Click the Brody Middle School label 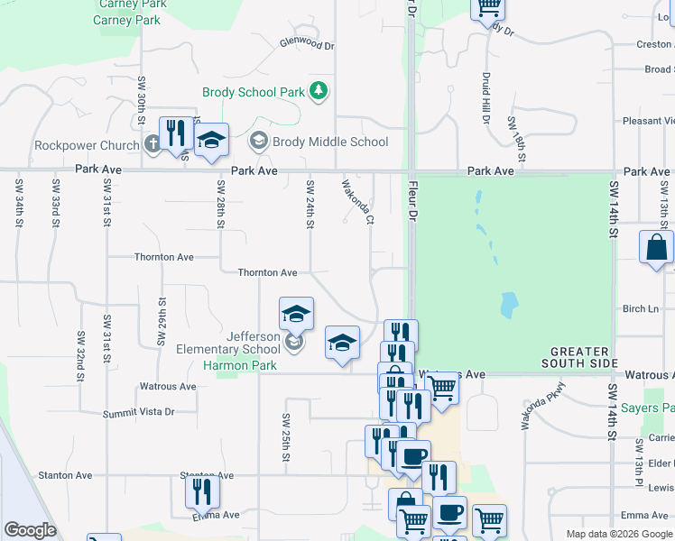coord(330,142)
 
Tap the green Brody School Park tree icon coord(318,90)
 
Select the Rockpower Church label coord(87,145)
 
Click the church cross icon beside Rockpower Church coord(152,142)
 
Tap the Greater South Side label coord(578,357)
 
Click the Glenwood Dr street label coord(307,42)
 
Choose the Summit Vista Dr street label coord(138,411)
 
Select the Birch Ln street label coord(641,308)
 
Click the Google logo coord(30,530)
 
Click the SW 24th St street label coord(310,203)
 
